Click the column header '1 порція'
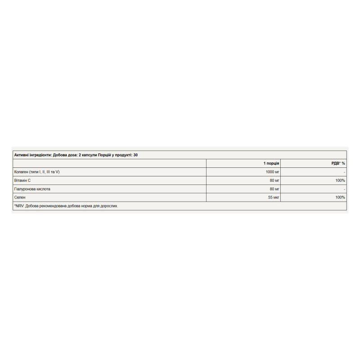(271, 163)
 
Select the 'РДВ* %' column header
(338, 163)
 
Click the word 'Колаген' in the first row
(22, 172)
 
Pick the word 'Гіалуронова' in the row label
(25, 189)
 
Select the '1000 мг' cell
(273, 172)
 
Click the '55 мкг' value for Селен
(274, 197)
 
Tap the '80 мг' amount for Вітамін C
(274, 180)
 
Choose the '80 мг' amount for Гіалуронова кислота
(274, 189)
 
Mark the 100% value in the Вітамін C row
(340, 180)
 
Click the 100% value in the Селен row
(340, 197)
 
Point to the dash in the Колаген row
(344, 172)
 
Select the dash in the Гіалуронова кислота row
(344, 189)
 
